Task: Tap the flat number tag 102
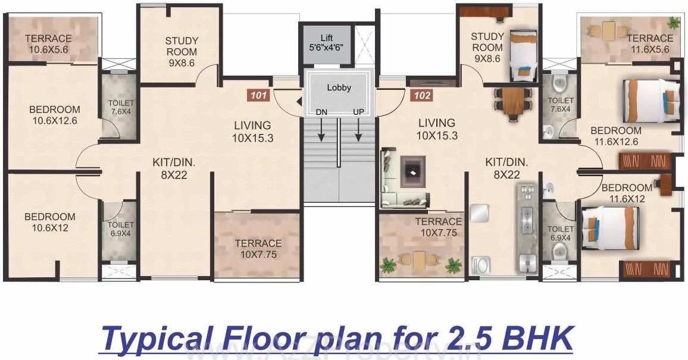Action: pos(421,94)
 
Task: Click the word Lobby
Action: pos(339,87)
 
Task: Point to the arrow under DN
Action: pos(321,130)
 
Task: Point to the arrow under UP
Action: pos(359,130)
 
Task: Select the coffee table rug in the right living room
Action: pos(412,171)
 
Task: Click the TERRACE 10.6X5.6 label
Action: pos(49,44)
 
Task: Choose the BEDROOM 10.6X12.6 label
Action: pos(55,115)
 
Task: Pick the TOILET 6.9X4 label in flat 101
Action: pos(121,230)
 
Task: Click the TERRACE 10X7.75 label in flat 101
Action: pos(258,249)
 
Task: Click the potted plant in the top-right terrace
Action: pos(674,24)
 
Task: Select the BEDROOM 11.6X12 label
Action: pos(627,193)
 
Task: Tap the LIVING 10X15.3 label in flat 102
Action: pos(437,129)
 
